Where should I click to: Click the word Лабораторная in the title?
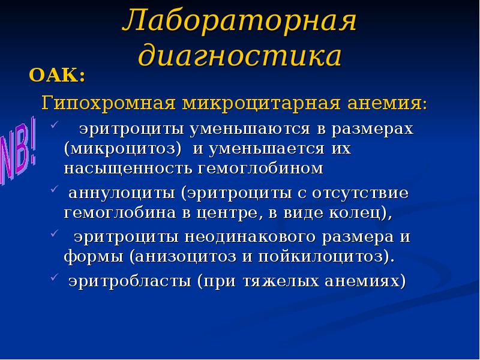tap(239, 23)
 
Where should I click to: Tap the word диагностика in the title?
tap(240, 56)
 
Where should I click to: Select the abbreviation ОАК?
tap(55, 77)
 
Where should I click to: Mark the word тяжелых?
tap(278, 281)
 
